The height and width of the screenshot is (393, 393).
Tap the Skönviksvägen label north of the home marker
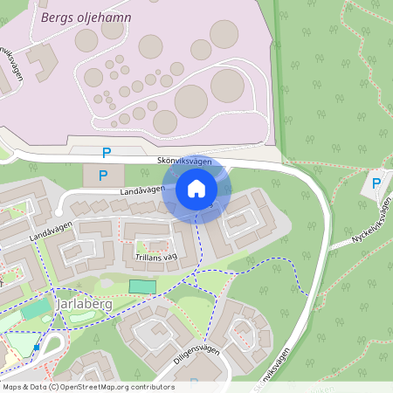click(x=184, y=162)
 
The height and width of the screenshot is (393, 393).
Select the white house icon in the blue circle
click(x=196, y=188)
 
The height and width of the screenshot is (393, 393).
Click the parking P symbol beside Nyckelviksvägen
click(x=376, y=183)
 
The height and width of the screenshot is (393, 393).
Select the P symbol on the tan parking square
click(x=102, y=175)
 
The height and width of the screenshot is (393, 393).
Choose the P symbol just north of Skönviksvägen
click(x=107, y=152)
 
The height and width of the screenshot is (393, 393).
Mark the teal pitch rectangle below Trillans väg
click(x=141, y=286)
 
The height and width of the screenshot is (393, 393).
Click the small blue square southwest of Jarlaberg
click(x=37, y=347)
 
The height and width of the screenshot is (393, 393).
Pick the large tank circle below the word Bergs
click(x=86, y=40)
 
